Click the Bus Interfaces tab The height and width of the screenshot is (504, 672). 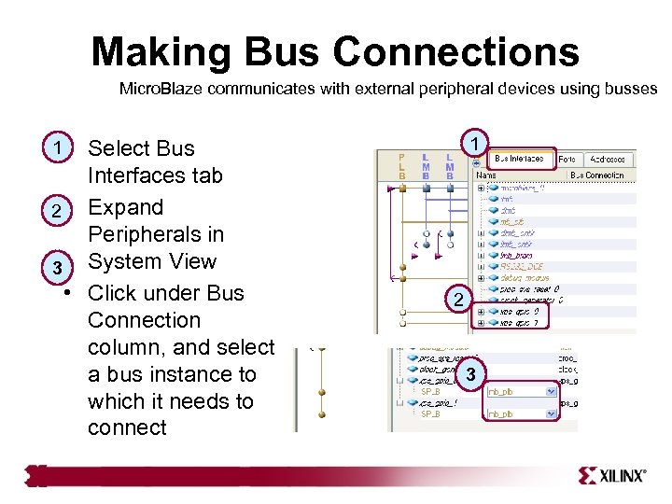coord(519,159)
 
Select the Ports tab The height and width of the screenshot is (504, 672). coord(567,159)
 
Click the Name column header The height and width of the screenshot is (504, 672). coord(486,175)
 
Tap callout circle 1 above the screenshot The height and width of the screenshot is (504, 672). coord(475,143)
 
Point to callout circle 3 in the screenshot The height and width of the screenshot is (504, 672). coord(472,373)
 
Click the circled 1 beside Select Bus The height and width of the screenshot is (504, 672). coord(58,147)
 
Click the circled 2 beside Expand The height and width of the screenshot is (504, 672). coord(58,212)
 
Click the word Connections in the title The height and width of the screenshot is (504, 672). coord(463,52)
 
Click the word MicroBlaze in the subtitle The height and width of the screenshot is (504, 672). coord(157,90)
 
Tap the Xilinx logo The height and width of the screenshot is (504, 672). coord(611,475)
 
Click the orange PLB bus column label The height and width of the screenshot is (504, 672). coord(401,166)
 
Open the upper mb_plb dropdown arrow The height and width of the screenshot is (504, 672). coord(552,392)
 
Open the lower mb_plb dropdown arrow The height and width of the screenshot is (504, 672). coord(552,413)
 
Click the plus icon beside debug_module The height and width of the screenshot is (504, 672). coord(481,276)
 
